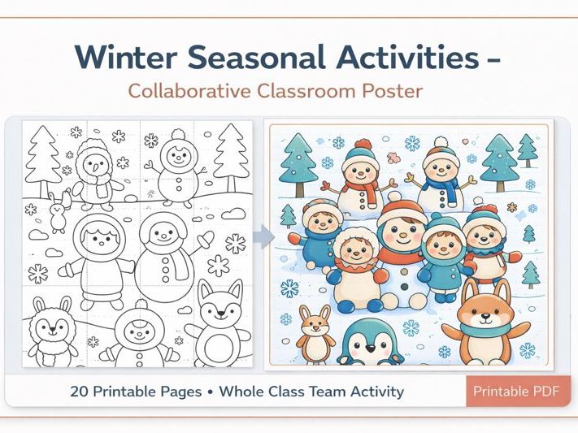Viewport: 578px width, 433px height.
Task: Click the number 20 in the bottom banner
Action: pyautogui.click(x=80, y=391)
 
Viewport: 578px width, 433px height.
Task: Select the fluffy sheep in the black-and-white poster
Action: pyautogui.click(x=52, y=331)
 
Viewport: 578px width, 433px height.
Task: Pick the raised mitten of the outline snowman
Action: pyautogui.click(x=206, y=239)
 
